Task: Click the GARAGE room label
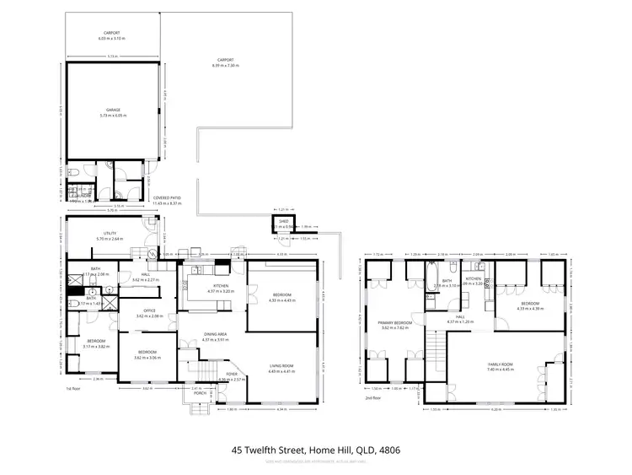point(111,111)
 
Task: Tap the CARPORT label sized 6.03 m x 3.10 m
point(111,35)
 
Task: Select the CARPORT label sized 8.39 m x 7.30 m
point(225,61)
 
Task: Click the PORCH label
point(201,392)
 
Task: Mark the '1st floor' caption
point(73,389)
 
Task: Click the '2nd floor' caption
point(372,397)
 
